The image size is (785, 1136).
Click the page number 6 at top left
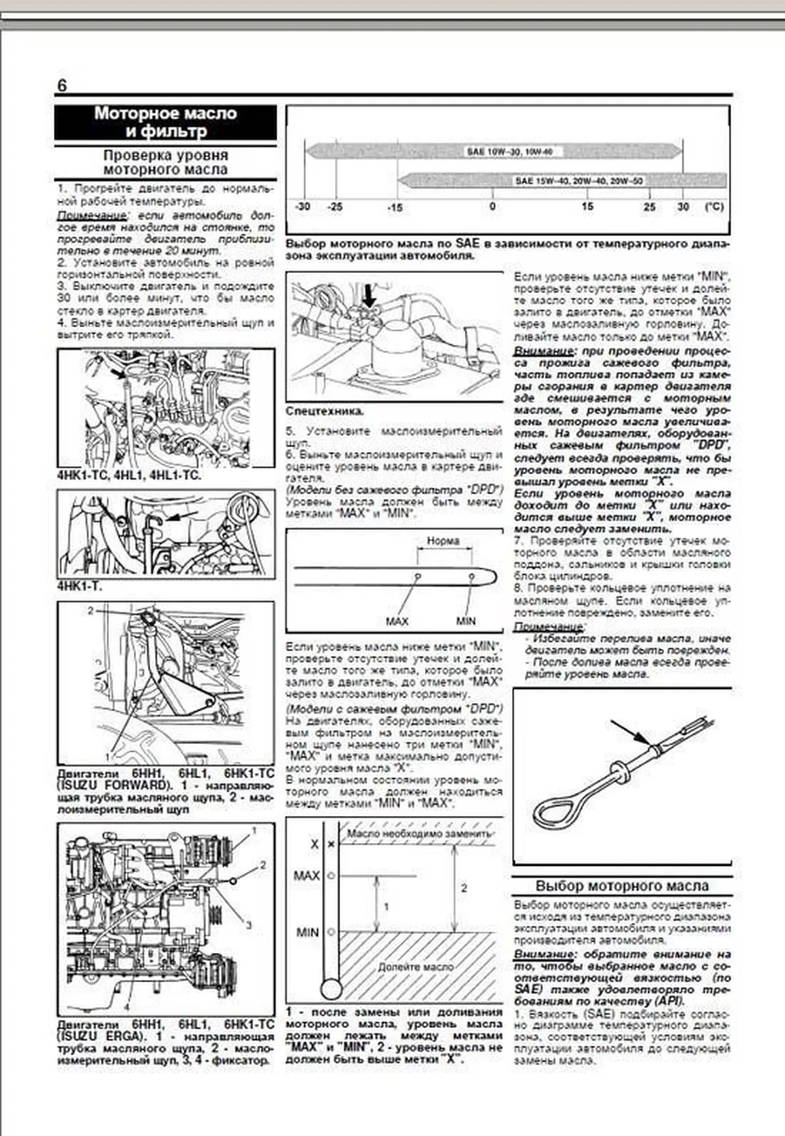(x=61, y=86)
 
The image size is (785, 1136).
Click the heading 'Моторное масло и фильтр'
(x=165, y=122)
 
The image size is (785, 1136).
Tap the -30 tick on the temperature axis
(x=303, y=207)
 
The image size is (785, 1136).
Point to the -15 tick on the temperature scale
(x=394, y=207)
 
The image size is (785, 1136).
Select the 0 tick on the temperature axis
(x=493, y=207)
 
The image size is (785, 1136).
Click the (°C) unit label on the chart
(x=714, y=207)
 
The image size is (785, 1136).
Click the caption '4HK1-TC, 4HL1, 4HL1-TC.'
(x=129, y=475)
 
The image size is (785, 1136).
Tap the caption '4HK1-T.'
(x=80, y=586)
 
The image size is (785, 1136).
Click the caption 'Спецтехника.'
(x=324, y=412)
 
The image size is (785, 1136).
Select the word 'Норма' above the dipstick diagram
(x=443, y=541)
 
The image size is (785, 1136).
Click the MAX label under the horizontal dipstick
(x=396, y=621)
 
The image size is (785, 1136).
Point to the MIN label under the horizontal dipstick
(x=466, y=621)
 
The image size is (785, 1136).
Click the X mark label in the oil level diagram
(x=314, y=844)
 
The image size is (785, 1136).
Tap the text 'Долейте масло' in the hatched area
(x=415, y=967)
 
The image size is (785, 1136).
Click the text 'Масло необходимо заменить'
(x=419, y=834)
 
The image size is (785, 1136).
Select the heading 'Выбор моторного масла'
(x=621, y=886)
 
